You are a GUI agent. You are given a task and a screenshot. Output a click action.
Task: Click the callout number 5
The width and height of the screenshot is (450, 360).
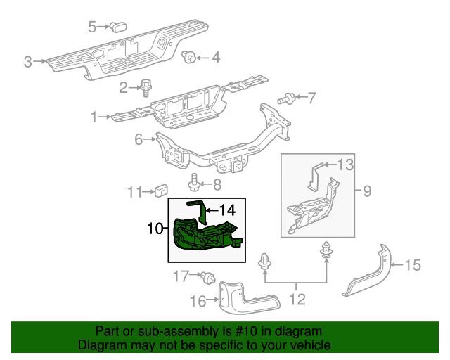coord(92,27)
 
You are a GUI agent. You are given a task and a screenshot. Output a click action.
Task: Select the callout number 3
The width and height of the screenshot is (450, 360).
coord(28,62)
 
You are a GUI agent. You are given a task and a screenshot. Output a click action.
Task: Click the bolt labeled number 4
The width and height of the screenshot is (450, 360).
coord(189,57)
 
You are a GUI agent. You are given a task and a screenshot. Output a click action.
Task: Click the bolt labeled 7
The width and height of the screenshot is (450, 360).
coord(289,98)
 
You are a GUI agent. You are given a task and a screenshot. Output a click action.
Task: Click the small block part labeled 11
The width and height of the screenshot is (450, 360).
coord(162,190)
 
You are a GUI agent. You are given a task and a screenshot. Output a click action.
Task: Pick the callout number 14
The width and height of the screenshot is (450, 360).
coord(226,210)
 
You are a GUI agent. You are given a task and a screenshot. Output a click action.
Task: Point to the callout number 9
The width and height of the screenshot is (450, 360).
coord(366,190)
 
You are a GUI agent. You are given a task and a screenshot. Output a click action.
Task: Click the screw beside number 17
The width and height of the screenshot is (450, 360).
coord(208,279)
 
